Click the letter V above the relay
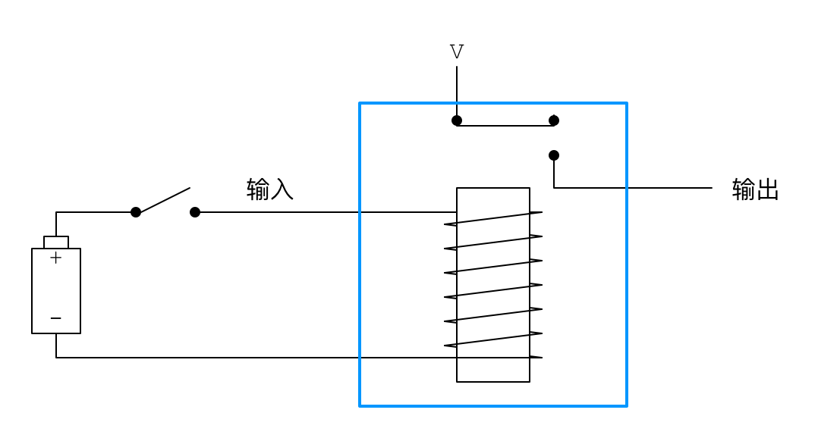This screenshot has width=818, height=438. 457,52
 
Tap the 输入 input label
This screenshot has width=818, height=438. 270,189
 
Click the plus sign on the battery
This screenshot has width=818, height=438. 55,258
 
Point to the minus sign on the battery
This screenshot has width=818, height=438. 55,318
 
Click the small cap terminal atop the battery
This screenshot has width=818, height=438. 56,242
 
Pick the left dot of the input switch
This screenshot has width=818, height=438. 136,212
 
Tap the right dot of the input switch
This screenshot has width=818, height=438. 195,212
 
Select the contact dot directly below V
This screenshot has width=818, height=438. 457,120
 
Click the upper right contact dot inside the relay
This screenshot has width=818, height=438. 554,120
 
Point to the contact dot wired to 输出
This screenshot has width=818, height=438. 554,155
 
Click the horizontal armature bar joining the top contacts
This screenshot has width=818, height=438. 505,126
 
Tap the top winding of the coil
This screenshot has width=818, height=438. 493,218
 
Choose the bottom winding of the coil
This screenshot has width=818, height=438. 493,339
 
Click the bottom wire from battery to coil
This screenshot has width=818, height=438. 228,358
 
